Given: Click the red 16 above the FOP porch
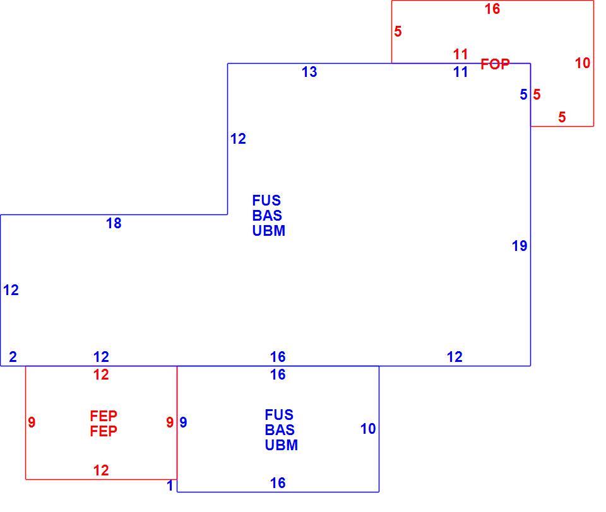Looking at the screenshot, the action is pos(492,9).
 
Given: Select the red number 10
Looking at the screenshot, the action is pos(583,63).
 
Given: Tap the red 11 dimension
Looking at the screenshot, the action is pos(460,54).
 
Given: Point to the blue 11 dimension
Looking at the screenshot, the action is pos(460,72).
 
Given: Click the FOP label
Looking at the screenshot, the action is pos(495,64).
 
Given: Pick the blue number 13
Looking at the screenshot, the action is pos(309,72).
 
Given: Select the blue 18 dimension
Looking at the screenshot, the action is pos(114,223).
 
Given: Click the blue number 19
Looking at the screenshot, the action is pos(520,246).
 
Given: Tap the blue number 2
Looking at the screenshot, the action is pos(13,357).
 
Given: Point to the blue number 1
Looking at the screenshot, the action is pos(170,486).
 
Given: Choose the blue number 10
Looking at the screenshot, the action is pos(368,429).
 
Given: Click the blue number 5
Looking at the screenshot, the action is pos(524,94).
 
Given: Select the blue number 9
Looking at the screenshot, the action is pos(183,422).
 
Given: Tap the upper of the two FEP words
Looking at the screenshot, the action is pos(104,416).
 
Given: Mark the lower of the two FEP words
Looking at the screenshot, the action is pos(104,431).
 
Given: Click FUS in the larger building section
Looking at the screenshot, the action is pos(266,201).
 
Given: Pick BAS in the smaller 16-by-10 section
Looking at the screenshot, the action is pos(280,430).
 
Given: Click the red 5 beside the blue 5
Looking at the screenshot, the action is pos(537,94).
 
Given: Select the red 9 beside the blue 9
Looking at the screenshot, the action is pos(170,422).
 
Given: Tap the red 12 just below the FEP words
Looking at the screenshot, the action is pos(101,470).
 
